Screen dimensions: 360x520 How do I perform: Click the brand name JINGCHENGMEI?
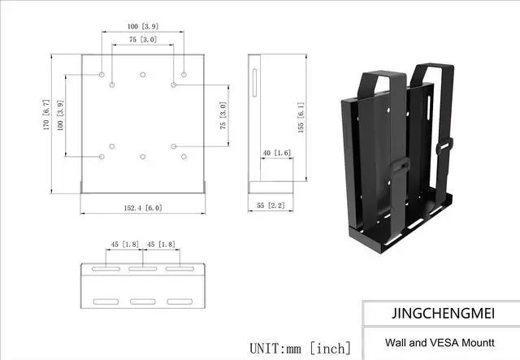point(440,312)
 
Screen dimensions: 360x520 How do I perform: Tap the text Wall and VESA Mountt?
point(427,343)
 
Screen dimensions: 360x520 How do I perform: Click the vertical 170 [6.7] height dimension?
point(46,119)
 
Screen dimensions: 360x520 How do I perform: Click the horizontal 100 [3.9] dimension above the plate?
point(142,27)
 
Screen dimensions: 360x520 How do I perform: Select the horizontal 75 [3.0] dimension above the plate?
point(142,39)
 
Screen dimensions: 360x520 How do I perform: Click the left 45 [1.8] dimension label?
point(124,245)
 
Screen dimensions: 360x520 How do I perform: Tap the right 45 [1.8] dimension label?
point(161,245)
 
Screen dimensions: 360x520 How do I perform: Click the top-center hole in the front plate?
point(142,75)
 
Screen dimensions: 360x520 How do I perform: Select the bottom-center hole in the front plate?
point(142,156)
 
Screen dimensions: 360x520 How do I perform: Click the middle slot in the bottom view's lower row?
point(142,302)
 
